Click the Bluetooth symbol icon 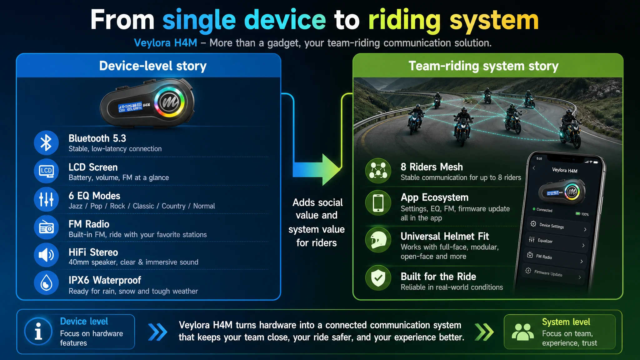(x=46, y=143)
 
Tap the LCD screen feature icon (x=46, y=171)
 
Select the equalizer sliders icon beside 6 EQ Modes (x=46, y=199)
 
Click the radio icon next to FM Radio (x=46, y=227)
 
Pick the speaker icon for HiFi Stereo (x=46, y=255)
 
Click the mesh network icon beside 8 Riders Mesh (x=378, y=171)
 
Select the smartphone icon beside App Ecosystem (x=378, y=203)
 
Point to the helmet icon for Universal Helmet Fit (x=378, y=240)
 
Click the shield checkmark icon (x=378, y=278)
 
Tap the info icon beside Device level (x=38, y=332)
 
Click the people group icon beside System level (x=522, y=332)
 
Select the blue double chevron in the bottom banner (x=158, y=332)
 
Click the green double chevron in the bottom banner (x=484, y=332)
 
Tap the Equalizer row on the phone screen (x=556, y=242)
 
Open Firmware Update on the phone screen (x=553, y=274)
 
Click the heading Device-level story (x=153, y=66)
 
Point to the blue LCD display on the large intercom (x=130, y=107)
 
